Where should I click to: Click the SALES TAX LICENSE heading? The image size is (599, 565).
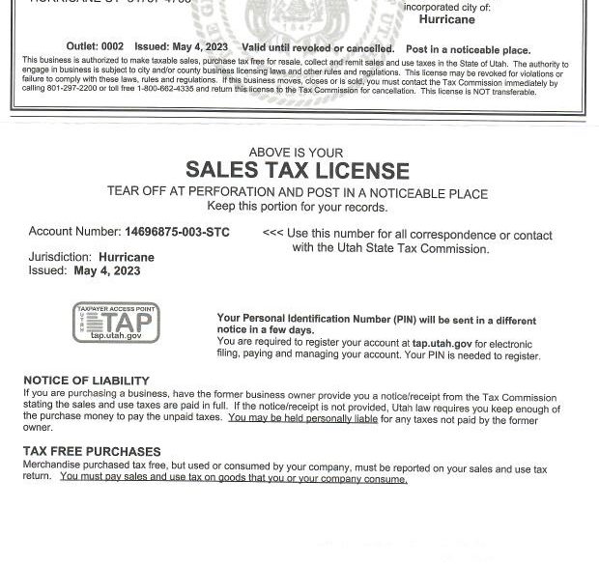pos(297,171)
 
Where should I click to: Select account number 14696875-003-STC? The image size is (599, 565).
pos(176,233)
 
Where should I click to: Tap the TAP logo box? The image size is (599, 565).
pos(116,323)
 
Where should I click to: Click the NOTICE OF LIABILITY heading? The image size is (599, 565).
pos(86,381)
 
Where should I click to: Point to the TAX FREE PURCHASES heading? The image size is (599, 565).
pos(92,451)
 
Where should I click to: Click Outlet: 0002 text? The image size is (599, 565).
pos(95,48)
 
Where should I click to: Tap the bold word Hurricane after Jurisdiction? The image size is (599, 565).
pos(126,258)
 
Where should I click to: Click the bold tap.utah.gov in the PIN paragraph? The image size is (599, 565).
pos(442,343)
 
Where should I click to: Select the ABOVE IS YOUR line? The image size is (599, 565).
pos(296,153)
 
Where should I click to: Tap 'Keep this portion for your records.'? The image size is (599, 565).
pos(297,207)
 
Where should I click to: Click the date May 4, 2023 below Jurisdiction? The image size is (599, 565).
pos(106,271)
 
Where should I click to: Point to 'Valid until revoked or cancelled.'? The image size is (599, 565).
pos(304,48)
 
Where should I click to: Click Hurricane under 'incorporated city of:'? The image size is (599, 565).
pos(446,19)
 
